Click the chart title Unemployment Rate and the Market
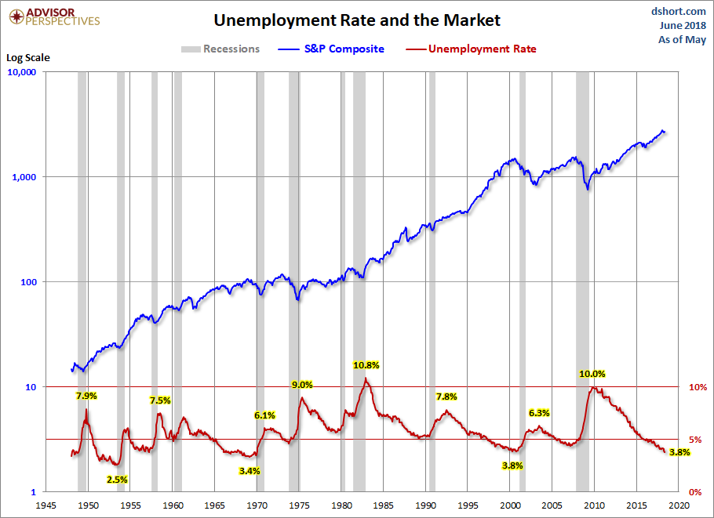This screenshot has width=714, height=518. (357, 20)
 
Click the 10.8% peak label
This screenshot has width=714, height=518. (366, 365)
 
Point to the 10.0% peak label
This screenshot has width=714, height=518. (592, 374)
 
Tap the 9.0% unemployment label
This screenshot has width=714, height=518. (302, 385)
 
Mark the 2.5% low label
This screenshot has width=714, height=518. (117, 480)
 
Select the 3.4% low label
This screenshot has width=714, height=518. (250, 471)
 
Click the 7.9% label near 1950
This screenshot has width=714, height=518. (86, 396)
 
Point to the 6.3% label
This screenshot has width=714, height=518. (539, 413)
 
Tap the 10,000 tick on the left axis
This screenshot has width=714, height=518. (27, 72)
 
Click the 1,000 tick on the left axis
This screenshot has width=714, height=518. (30, 177)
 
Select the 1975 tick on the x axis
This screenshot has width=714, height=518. (299, 505)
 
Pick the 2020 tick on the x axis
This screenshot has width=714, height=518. (679, 505)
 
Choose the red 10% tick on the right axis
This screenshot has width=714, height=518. (698, 387)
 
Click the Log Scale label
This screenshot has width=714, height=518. (27, 57)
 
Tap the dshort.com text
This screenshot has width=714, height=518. (679, 11)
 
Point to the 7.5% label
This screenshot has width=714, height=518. (160, 400)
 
